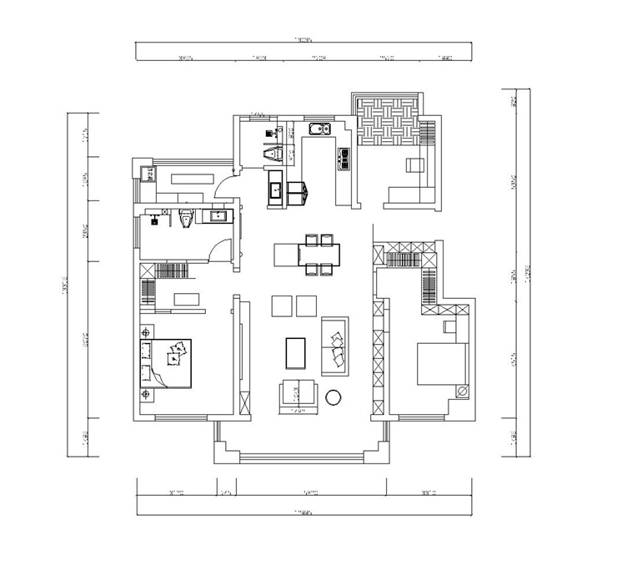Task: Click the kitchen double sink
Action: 320,129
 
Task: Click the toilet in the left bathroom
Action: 187,219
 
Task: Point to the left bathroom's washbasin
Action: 219,217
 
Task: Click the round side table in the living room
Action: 334,396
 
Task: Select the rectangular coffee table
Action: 296,352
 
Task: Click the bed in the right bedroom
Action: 441,364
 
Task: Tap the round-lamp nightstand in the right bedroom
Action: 461,391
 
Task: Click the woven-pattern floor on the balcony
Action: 387,123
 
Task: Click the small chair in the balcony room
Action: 414,165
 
